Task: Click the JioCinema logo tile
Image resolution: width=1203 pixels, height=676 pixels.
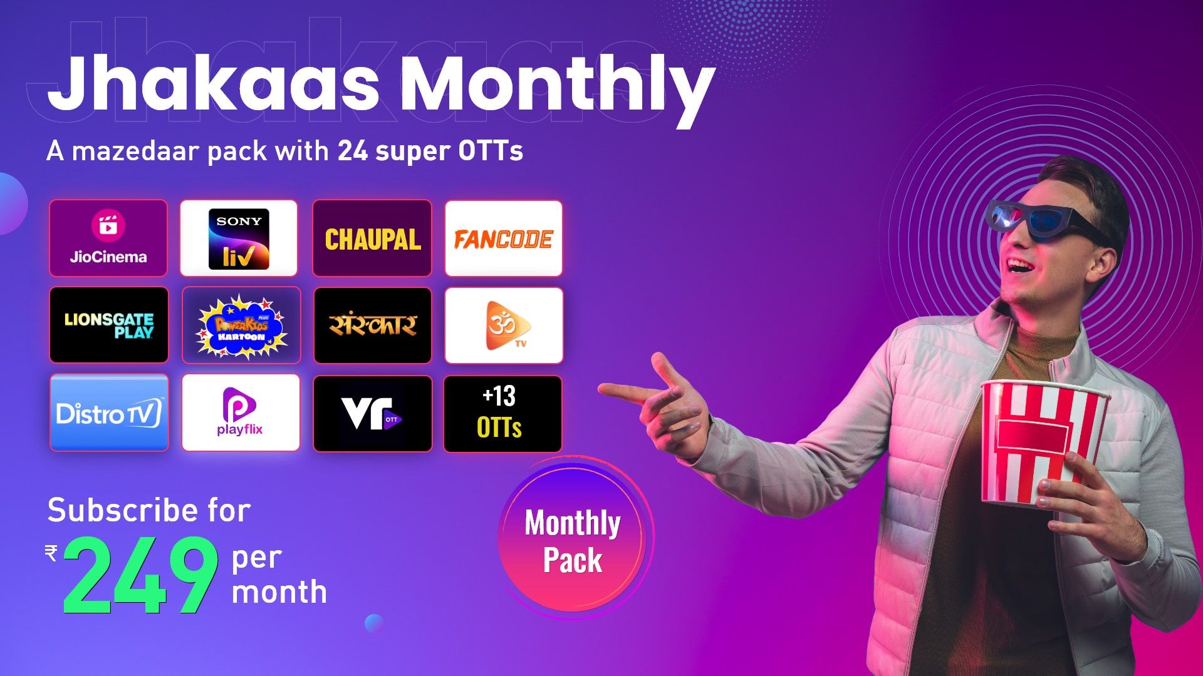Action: click(x=108, y=238)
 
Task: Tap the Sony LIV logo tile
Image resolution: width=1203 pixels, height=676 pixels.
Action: click(x=239, y=238)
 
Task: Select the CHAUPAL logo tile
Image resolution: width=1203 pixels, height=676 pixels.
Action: click(x=372, y=238)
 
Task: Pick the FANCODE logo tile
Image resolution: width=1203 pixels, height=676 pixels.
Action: click(x=504, y=238)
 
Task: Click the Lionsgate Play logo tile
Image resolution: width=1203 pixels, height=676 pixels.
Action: click(x=109, y=325)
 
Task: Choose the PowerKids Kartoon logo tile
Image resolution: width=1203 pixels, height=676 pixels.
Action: click(x=241, y=325)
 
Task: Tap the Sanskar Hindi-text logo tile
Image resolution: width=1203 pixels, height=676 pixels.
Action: click(x=373, y=325)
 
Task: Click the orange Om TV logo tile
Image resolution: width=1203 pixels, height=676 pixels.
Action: click(x=504, y=325)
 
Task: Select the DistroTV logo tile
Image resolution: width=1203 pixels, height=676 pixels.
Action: click(x=109, y=412)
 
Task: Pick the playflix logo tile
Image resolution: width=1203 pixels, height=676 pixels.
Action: click(x=241, y=412)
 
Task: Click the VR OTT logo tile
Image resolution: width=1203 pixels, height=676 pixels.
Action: click(x=373, y=413)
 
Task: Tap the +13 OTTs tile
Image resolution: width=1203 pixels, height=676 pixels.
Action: click(x=503, y=413)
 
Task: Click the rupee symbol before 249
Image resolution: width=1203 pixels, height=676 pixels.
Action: click(x=51, y=552)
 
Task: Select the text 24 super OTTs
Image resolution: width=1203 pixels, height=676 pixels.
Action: click(x=430, y=151)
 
